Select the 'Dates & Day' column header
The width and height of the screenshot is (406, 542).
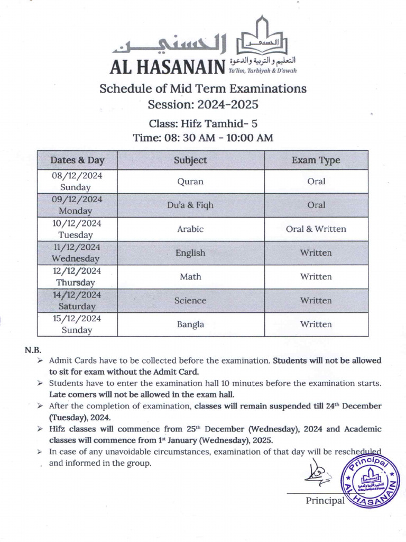point(77,160)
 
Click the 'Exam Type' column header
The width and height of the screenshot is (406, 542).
point(316,160)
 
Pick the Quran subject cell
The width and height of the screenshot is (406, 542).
point(190,182)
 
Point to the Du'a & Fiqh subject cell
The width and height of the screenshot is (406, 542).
point(190,205)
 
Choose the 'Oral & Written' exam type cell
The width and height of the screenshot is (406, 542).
point(316,229)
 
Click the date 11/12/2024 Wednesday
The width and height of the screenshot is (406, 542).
point(77,253)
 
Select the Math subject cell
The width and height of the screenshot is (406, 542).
point(190,277)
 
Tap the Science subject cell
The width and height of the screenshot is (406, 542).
point(190,301)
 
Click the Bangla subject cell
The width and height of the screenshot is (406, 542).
point(190,324)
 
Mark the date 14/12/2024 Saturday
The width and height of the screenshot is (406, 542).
point(77,301)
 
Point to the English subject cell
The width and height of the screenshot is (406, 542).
point(190,253)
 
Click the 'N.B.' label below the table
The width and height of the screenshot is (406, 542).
point(32,350)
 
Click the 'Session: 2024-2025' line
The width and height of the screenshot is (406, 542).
point(203,104)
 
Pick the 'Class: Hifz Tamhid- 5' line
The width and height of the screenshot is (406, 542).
point(203,124)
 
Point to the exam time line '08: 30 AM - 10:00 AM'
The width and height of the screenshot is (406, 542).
point(203,138)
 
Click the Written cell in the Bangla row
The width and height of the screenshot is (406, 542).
point(316,324)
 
